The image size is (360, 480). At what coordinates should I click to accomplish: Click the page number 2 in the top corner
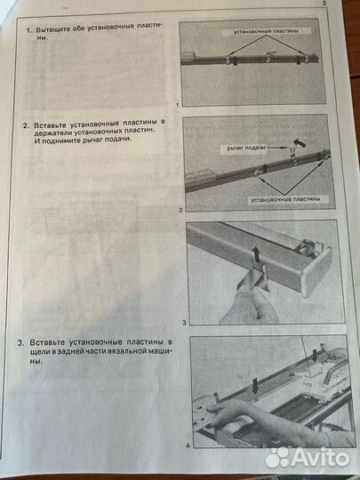tap(325, 4)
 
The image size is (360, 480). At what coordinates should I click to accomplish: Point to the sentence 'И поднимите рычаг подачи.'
tap(86, 140)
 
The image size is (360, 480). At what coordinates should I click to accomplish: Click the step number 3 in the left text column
tap(21, 341)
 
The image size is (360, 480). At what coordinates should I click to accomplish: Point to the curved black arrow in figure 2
tap(300, 139)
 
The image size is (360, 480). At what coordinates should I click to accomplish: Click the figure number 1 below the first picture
tap(179, 104)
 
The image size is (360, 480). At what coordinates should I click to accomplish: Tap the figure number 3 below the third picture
tap(183, 322)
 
